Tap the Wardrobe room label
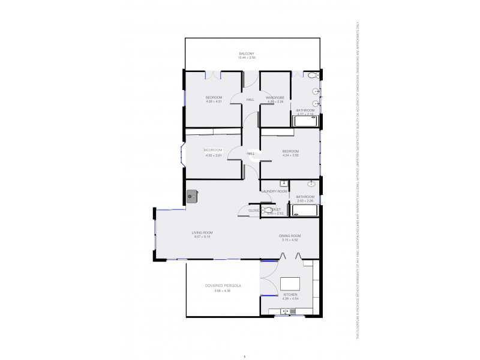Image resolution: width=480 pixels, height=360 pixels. [x=275, y=97]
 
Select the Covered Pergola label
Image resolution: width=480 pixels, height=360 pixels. [x=223, y=286]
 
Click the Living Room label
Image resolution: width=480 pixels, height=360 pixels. [x=202, y=232]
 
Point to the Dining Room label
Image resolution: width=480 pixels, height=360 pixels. [x=289, y=236]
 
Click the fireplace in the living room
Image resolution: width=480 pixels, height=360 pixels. [x=192, y=196]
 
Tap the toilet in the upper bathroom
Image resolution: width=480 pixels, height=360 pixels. [x=312, y=76]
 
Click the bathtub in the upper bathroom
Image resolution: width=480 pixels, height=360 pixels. [x=305, y=121]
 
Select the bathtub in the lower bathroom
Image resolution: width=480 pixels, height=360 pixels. [x=305, y=210]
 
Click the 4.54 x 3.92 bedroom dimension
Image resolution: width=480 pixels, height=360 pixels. [x=290, y=155]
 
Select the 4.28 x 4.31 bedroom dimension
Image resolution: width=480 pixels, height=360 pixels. [x=214, y=101]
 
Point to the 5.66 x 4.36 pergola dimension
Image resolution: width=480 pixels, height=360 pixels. [x=223, y=291]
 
